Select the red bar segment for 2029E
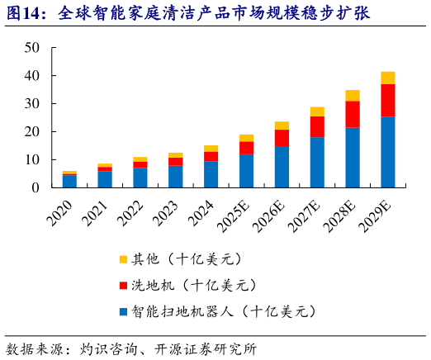point(387,100)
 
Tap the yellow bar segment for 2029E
point(387,78)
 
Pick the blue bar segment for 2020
point(69,181)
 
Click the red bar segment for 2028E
point(353,114)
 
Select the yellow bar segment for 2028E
point(353,95)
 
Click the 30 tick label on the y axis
point(32,104)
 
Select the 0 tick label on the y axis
point(36,188)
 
